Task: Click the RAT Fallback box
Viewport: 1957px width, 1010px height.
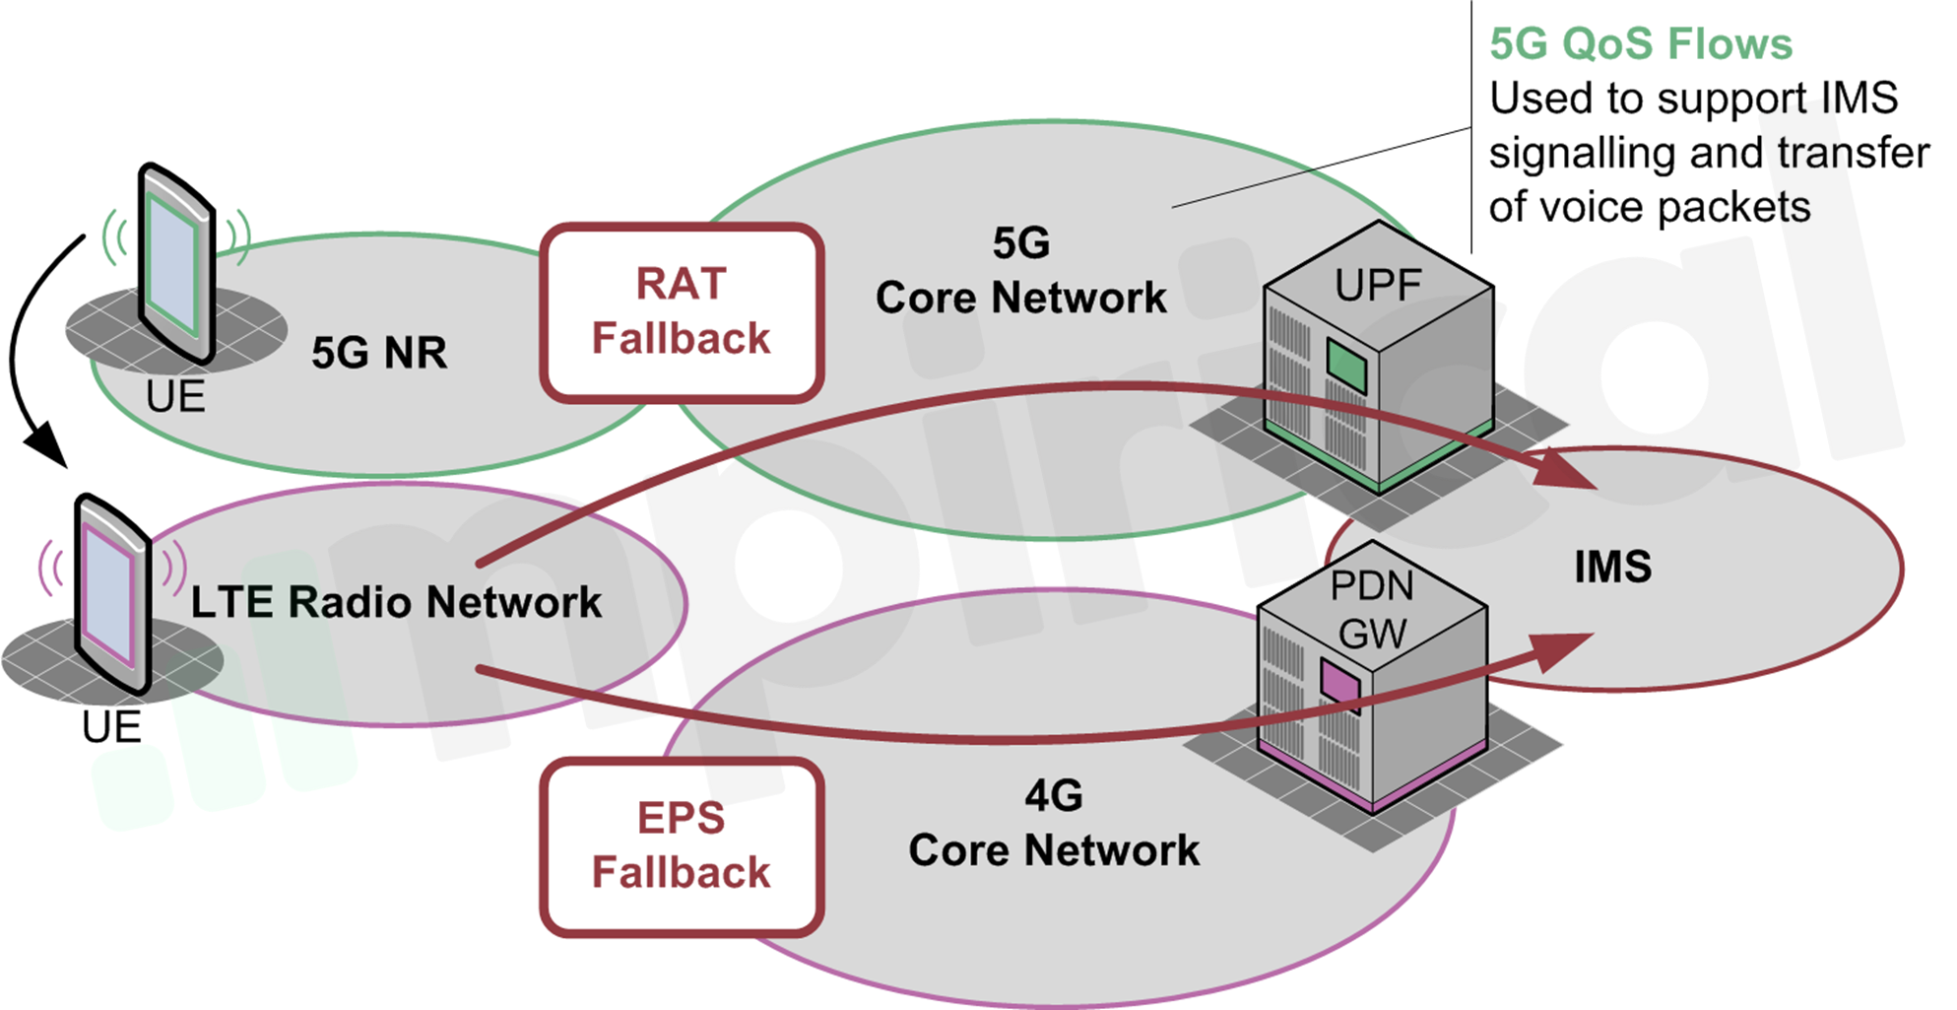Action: click(682, 311)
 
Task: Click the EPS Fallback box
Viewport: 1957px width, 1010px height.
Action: click(682, 845)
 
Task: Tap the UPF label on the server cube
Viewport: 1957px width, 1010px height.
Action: click(1378, 285)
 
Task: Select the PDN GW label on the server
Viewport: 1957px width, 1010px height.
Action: click(1372, 609)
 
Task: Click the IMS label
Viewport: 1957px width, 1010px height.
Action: click(1612, 568)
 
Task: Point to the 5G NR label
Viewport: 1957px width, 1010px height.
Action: click(379, 353)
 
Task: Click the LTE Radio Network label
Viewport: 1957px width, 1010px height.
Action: click(396, 602)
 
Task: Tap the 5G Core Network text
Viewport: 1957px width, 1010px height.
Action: click(1021, 271)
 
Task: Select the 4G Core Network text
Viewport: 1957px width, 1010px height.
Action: click(1054, 824)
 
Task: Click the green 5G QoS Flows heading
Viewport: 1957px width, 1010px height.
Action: click(1641, 44)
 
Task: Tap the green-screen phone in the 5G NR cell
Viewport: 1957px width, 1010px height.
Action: click(176, 262)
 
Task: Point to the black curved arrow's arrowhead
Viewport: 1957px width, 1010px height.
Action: click(45, 447)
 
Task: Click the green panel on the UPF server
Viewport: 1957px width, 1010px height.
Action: click(1346, 366)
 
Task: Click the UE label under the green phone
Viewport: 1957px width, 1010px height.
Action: click(175, 397)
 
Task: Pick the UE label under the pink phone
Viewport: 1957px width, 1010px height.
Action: click(111, 727)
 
